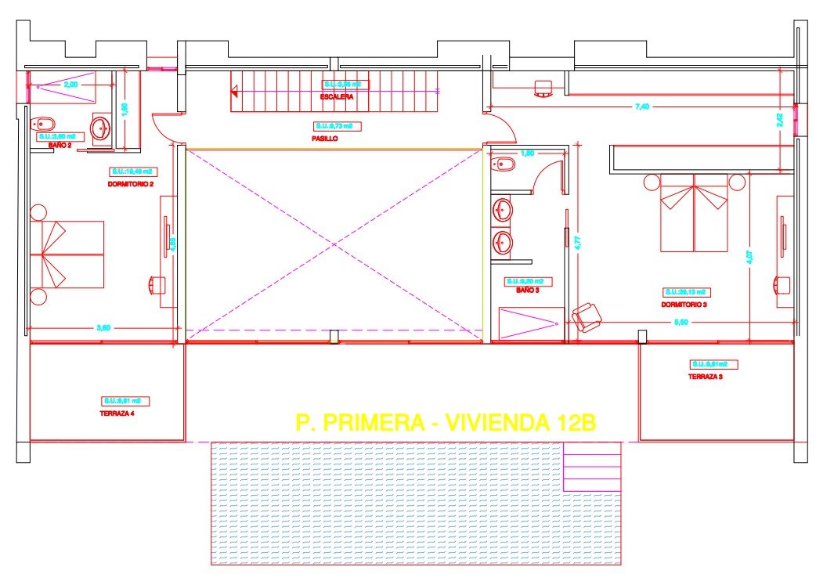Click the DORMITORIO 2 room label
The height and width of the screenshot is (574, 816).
130,183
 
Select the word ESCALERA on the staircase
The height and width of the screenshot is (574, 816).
337,97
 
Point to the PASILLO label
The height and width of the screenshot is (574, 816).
324,139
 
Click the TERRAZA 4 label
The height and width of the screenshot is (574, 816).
117,413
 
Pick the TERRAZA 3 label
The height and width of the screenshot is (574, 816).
705,377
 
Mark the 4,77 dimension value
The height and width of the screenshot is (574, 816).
577,244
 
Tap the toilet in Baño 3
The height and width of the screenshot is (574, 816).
504,164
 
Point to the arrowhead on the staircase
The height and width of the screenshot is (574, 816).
234,92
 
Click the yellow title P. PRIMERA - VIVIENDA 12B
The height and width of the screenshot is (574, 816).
446,423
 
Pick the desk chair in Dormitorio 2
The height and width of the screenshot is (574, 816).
156,284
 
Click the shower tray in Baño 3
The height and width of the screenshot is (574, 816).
530,323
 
